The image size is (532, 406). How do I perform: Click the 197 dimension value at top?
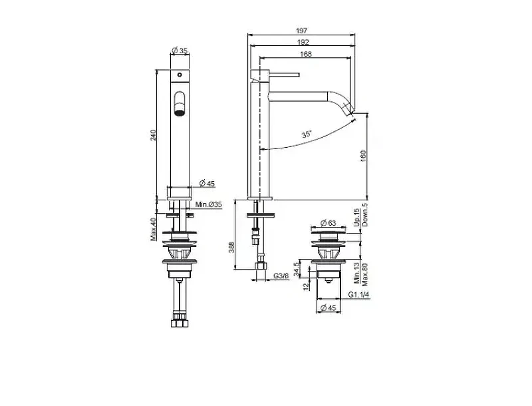click(x=301, y=31)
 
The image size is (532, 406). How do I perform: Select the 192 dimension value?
click(x=303, y=42)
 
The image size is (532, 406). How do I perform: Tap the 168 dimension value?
click(x=306, y=54)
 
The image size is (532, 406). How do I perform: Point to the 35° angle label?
click(x=307, y=134)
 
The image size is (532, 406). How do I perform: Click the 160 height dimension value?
click(x=363, y=156)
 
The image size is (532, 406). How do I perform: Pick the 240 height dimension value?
click(x=153, y=135)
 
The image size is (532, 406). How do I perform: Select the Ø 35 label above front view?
click(x=180, y=51)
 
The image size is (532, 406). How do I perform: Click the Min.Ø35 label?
click(x=209, y=205)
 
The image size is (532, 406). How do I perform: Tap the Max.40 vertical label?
click(x=154, y=229)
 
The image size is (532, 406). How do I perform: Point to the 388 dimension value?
click(x=231, y=248)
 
